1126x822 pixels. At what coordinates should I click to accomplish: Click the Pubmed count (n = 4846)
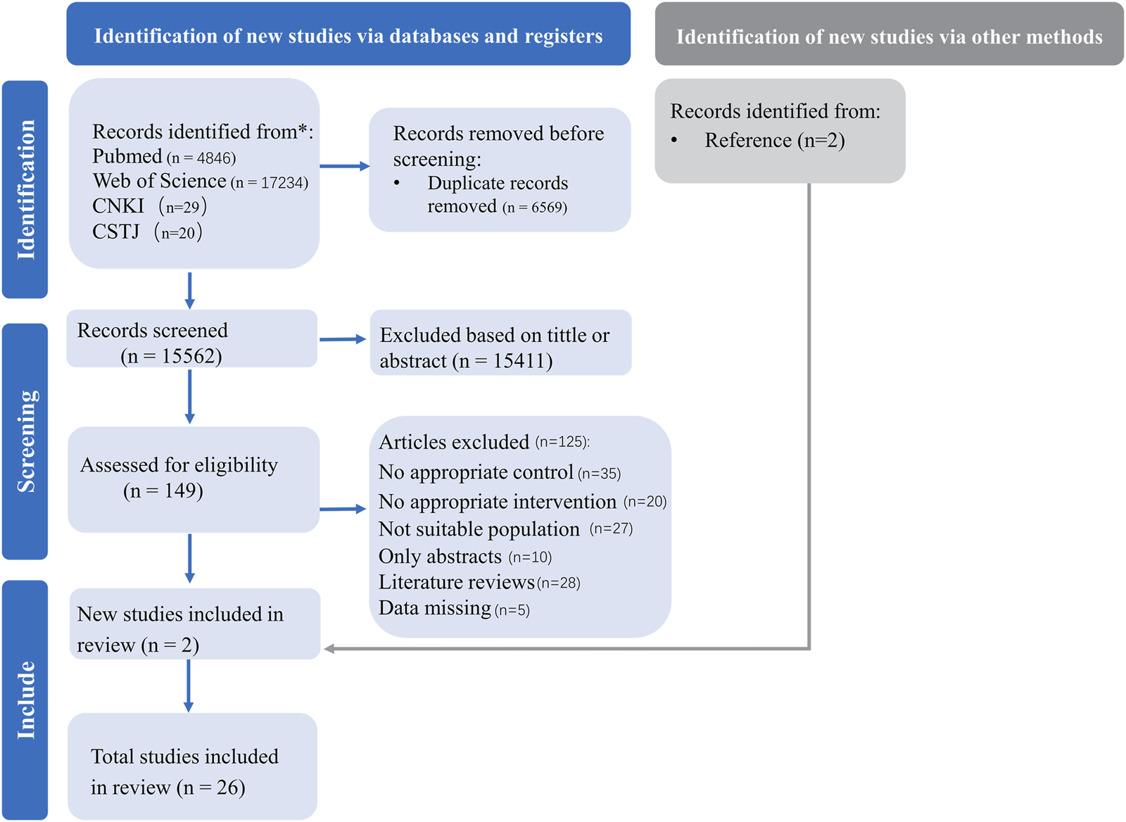201,158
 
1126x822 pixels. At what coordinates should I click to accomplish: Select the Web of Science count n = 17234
270,183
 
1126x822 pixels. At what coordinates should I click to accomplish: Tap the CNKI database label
118,206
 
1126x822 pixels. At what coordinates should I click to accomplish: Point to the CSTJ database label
115,232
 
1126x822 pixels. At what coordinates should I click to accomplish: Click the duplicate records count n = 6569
535,208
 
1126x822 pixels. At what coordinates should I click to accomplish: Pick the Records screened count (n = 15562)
171,357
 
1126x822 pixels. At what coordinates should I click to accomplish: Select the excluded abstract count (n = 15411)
502,361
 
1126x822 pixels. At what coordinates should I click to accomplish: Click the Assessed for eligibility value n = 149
163,491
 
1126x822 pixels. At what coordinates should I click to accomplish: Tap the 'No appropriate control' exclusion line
499,472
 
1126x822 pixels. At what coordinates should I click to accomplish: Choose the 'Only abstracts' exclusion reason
464,557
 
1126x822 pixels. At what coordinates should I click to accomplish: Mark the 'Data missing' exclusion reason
454,609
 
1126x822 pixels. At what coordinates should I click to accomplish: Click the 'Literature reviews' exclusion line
479,583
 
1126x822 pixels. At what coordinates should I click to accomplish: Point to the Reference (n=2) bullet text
774,141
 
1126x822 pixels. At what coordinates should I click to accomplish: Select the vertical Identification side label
25,189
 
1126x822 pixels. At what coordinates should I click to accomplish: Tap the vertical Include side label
25,700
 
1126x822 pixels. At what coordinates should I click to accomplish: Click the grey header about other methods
889,36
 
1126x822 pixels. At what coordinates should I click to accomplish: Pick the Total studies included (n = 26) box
192,766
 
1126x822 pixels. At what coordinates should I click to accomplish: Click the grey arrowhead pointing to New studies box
329,648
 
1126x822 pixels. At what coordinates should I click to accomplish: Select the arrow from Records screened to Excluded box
343,339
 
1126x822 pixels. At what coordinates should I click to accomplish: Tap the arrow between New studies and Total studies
189,685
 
